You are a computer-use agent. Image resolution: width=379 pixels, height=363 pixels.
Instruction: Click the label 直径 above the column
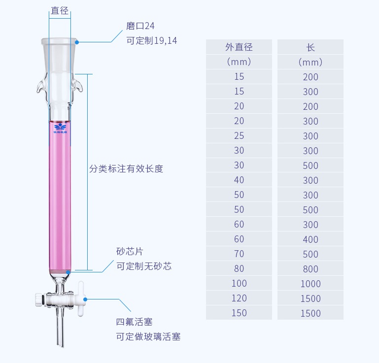tap(60, 11)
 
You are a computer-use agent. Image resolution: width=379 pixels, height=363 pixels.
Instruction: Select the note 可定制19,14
tap(152, 41)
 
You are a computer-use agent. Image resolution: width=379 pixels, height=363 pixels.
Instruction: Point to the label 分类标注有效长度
tap(126, 168)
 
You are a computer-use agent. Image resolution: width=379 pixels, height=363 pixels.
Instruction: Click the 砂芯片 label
tap(130, 252)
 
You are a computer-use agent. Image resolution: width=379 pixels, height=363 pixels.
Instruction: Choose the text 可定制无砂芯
tap(144, 266)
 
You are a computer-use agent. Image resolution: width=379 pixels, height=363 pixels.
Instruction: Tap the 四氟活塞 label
tap(135, 322)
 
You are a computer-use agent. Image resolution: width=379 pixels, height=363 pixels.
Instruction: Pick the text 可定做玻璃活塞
tap(148, 337)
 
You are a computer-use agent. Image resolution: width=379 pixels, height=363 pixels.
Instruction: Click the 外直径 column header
tap(239, 47)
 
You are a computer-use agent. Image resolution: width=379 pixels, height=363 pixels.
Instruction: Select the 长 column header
tap(310, 47)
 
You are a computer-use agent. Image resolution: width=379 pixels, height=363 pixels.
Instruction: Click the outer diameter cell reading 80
tap(239, 269)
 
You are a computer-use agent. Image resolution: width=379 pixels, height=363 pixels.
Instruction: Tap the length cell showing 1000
tap(310, 284)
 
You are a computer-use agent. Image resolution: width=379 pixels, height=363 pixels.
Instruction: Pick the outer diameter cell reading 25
tap(239, 136)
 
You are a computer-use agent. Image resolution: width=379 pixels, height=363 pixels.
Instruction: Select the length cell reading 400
tap(310, 239)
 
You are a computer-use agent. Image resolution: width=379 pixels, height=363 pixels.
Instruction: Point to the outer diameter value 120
tap(239, 298)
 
